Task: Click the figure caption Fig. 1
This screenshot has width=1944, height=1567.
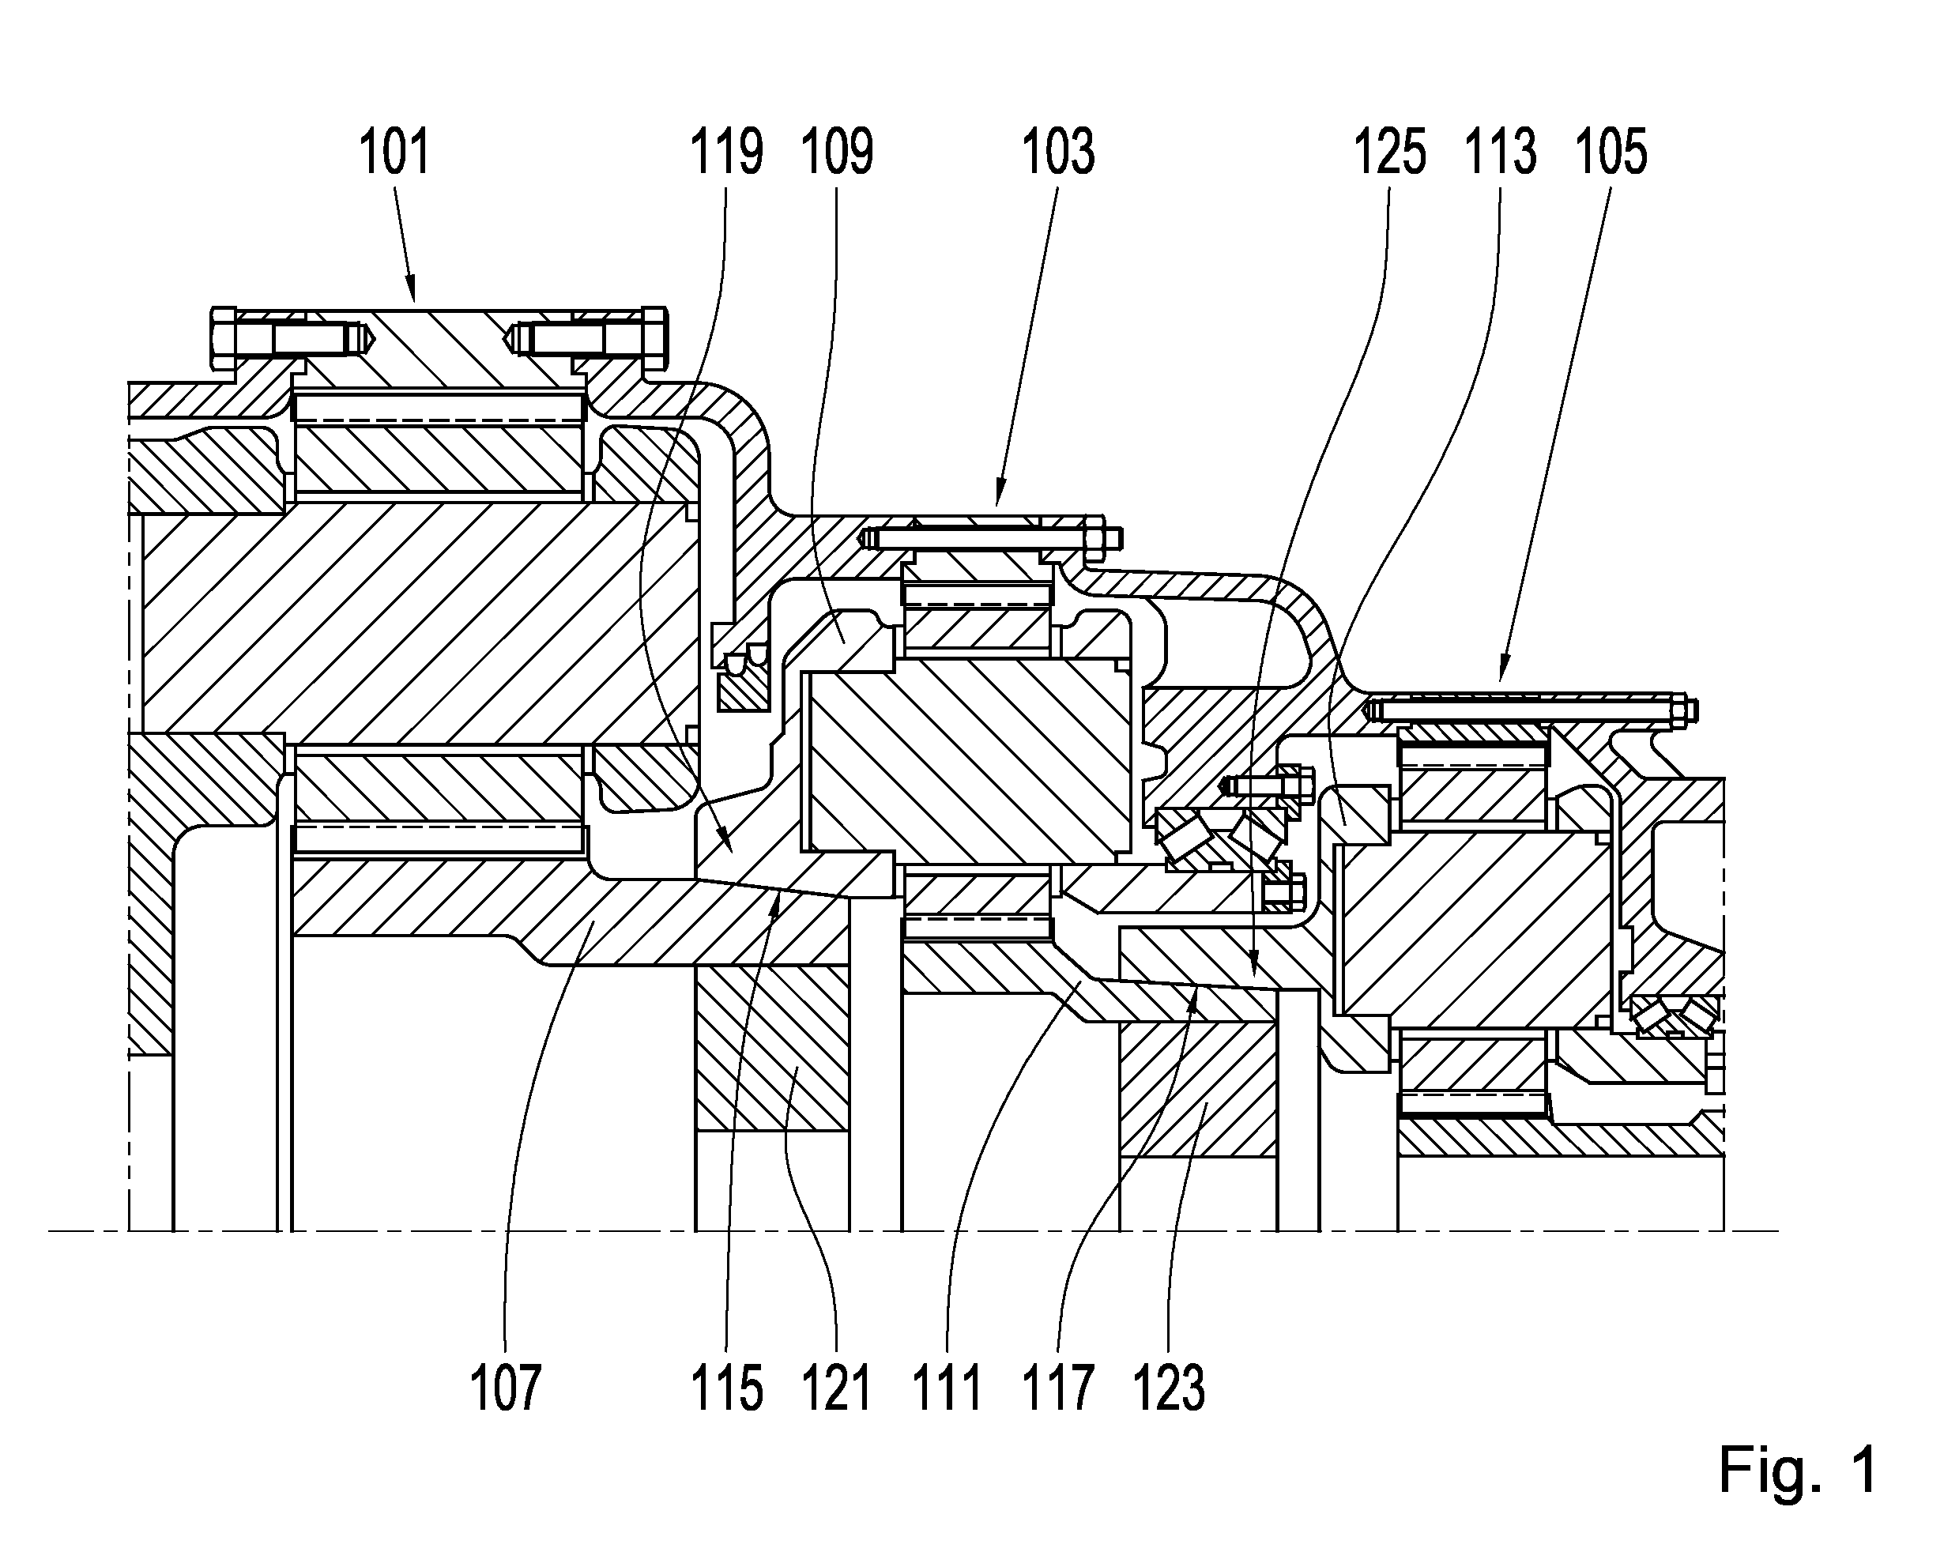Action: click(x=1798, y=1471)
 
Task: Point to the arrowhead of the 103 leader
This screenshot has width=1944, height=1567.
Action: click(x=998, y=495)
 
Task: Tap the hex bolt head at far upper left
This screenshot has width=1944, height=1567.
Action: click(x=223, y=337)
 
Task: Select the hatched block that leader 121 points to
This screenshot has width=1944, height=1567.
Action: click(x=771, y=1049)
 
